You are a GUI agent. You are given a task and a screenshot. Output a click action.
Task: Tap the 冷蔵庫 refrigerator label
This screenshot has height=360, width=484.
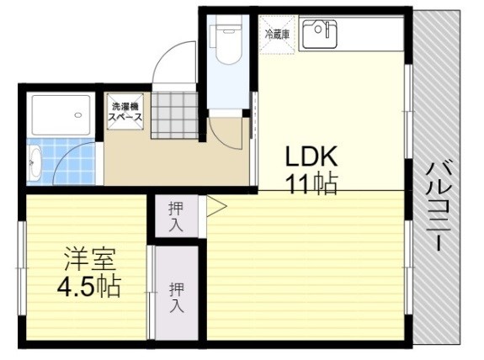tap(277, 34)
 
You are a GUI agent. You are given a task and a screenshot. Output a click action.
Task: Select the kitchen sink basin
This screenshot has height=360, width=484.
tap(319, 34)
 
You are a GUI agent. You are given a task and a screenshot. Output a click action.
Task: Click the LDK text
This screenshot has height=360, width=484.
tap(311, 157)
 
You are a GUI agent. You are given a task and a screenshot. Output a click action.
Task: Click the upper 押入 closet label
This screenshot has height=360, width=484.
tap(176, 215)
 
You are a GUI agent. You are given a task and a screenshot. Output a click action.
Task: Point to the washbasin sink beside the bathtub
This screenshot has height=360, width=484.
tap(35, 163)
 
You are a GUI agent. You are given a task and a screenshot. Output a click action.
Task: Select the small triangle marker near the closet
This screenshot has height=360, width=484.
tap(216, 204)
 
